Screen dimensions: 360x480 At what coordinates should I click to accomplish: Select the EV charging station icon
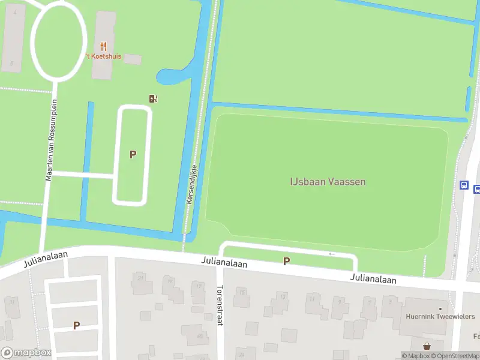pyautogui.click(x=153, y=98)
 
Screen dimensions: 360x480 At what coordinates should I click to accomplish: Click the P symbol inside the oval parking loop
pyautogui.click(x=133, y=154)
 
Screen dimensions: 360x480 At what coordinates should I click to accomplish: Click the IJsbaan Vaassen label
pyautogui.click(x=328, y=182)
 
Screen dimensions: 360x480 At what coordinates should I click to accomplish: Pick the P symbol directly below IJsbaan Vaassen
pyautogui.click(x=286, y=261)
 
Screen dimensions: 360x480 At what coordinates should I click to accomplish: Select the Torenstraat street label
pyautogui.click(x=220, y=305)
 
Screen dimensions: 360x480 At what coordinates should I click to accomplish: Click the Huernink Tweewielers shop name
pyautogui.click(x=440, y=317)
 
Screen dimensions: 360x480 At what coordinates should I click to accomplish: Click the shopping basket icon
pyautogui.click(x=427, y=346)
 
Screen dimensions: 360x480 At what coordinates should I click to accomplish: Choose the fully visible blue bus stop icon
pyautogui.click(x=464, y=185)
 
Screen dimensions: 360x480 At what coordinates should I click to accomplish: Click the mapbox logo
pyautogui.click(x=26, y=353)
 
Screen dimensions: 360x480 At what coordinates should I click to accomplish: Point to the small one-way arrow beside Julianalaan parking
pyautogui.click(x=332, y=254)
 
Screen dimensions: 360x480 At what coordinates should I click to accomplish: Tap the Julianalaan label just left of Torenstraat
pyautogui.click(x=223, y=264)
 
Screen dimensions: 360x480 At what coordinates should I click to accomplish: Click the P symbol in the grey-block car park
pyautogui.click(x=76, y=325)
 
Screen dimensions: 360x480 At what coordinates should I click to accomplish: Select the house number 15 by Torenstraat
pyautogui.click(x=242, y=292)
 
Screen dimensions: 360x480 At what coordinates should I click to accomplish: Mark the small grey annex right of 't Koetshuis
pyautogui.click(x=133, y=59)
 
